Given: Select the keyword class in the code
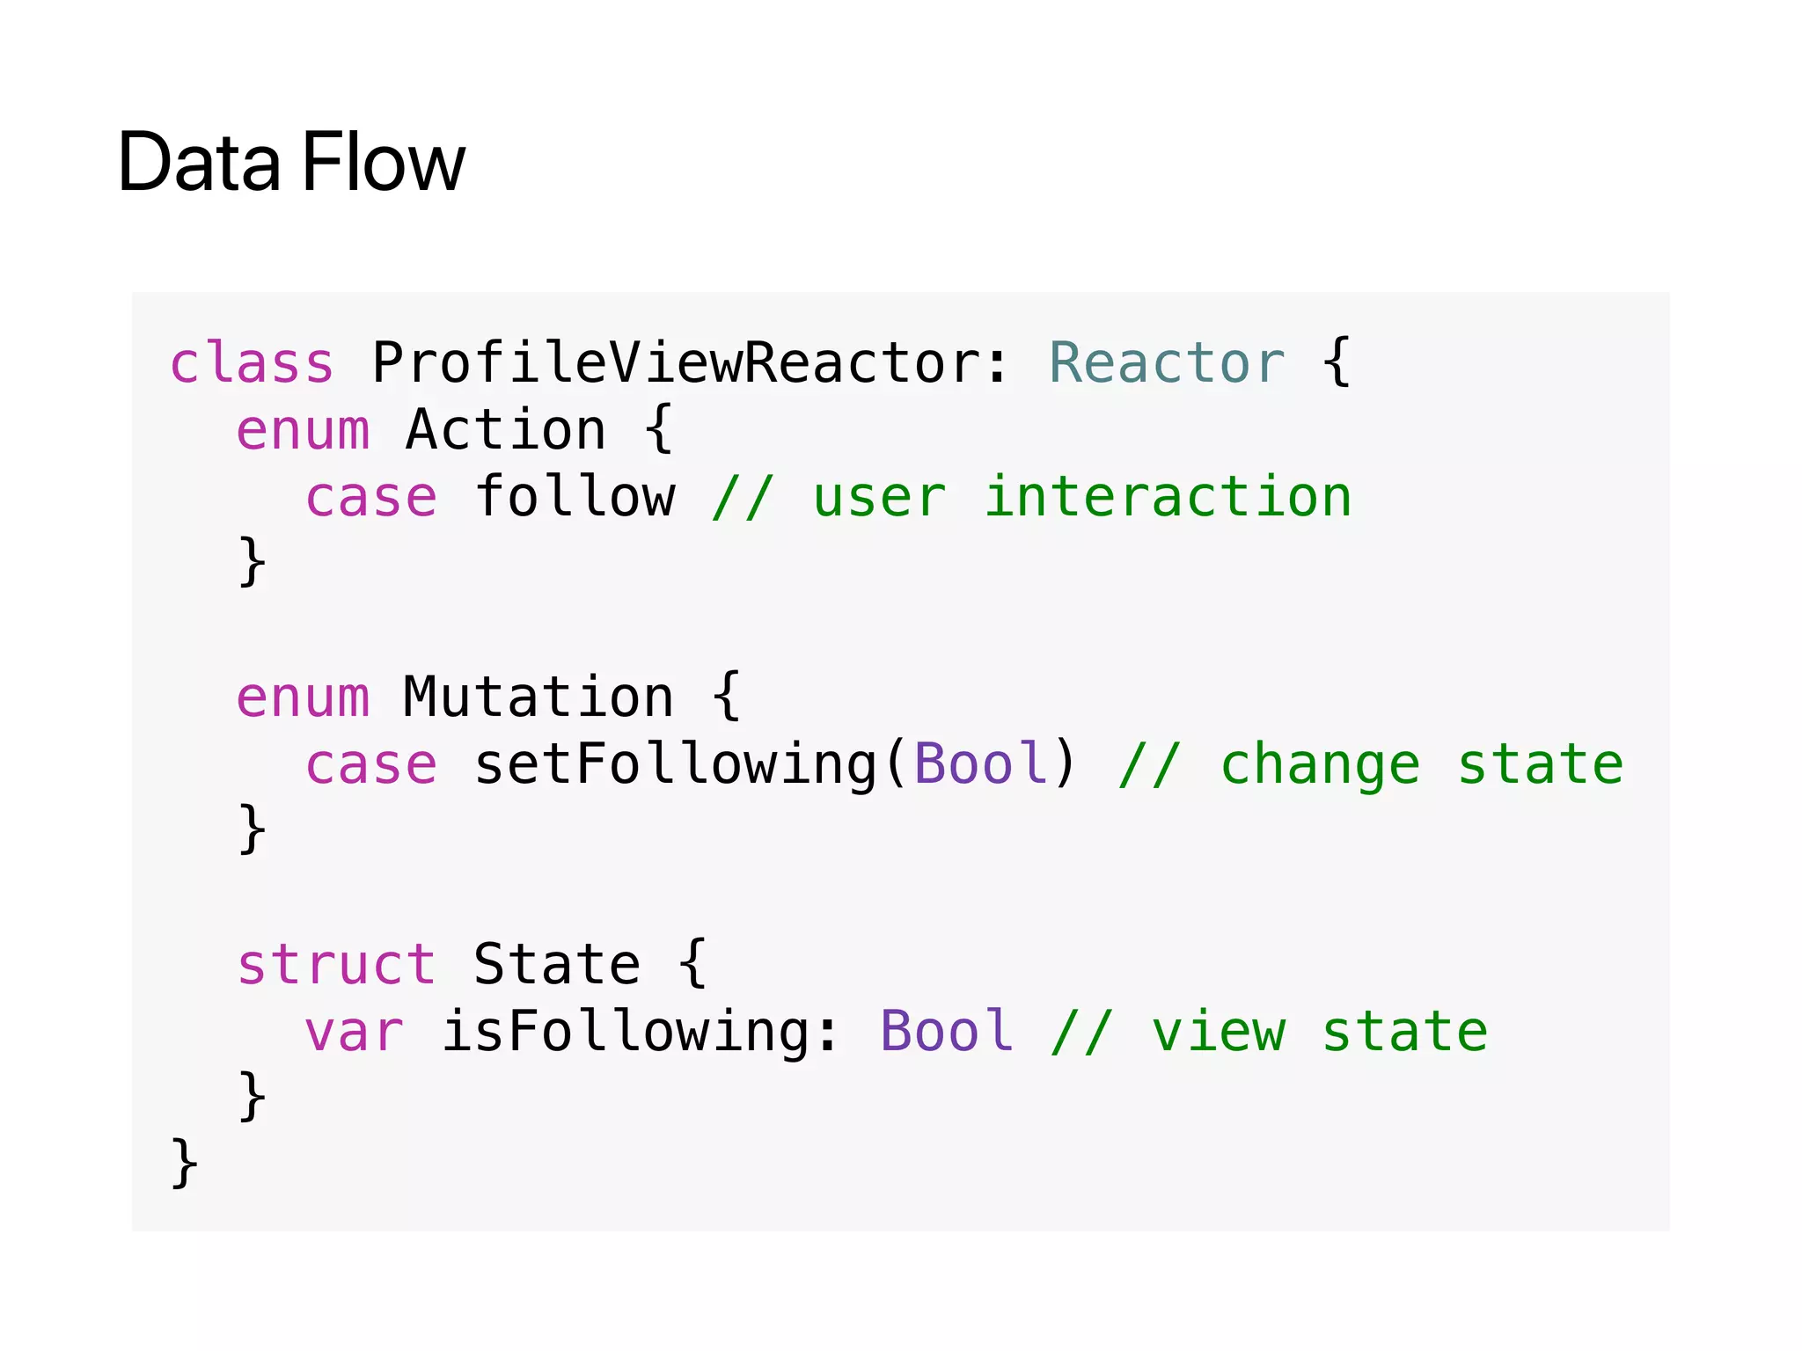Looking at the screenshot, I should [x=252, y=362].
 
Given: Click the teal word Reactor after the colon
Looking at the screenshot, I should [x=1167, y=362].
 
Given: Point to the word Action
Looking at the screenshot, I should [x=506, y=430].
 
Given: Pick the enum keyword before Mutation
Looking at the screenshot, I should [x=303, y=697].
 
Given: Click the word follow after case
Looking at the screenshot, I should [x=575, y=497].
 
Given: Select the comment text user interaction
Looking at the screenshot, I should [x=1081, y=497].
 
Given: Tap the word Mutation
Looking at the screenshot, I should [x=538, y=697].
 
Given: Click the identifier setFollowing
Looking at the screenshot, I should [x=676, y=764].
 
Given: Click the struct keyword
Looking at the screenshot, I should [x=336, y=965].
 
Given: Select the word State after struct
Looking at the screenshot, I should [x=556, y=965].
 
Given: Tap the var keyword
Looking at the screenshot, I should [x=354, y=1032].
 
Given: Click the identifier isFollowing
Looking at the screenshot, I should [x=626, y=1032].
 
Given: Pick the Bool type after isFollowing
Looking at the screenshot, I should [x=946, y=1032].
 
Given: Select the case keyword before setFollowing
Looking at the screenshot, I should [x=370, y=764].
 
